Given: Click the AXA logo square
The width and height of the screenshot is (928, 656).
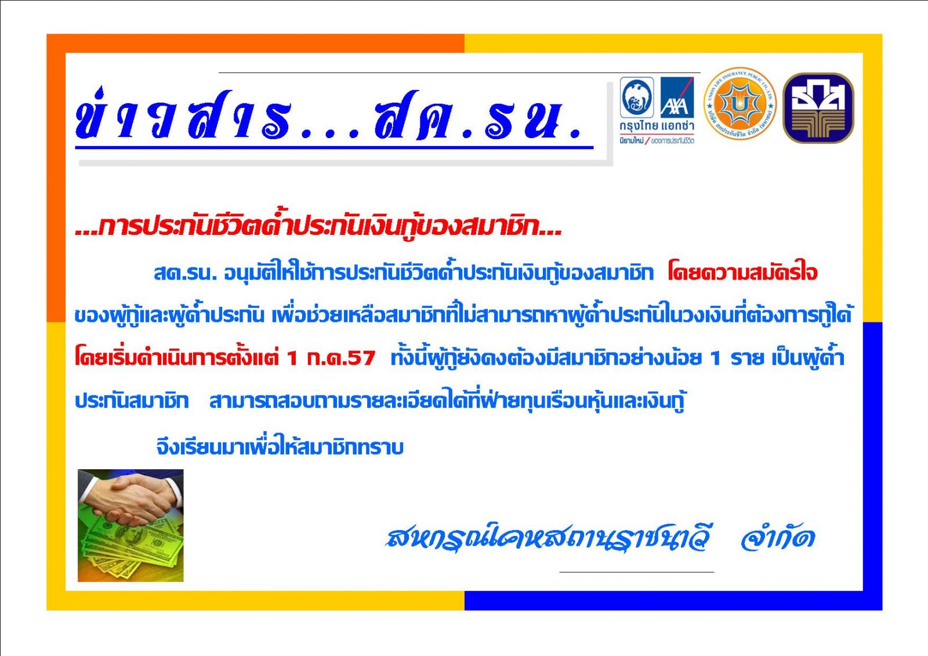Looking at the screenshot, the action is (677, 97).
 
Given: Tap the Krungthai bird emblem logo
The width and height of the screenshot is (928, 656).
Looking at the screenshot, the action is (637, 97).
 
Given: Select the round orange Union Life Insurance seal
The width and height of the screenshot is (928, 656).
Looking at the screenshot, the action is (740, 104).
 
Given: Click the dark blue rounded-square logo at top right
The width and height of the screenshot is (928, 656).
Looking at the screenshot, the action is (818, 108).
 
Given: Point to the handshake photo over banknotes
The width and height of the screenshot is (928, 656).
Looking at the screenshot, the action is (130, 525).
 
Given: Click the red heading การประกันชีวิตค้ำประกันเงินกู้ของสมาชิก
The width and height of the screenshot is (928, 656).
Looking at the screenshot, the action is (318, 227).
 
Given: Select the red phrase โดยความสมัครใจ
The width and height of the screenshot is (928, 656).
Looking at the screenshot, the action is (742, 273).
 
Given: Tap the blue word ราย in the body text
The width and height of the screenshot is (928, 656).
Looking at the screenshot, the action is (747, 358).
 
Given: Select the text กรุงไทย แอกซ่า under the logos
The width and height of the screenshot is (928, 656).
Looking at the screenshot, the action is (657, 125).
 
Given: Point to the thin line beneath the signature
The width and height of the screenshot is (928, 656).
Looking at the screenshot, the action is (637, 572).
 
